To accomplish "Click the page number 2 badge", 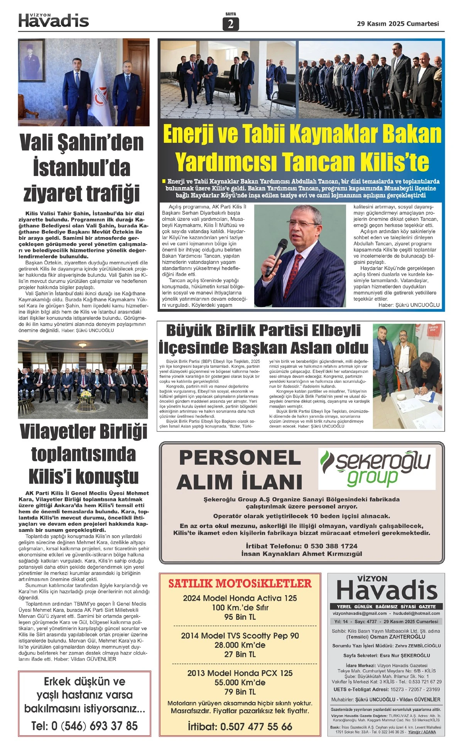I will (x=231, y=24).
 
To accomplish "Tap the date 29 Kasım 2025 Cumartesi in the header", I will (x=398, y=24).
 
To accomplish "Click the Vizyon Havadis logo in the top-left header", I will (x=54, y=20).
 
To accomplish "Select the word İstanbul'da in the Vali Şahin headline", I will (x=82, y=168).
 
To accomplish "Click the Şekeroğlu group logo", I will (x=377, y=468).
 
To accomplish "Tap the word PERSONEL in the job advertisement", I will (x=240, y=458).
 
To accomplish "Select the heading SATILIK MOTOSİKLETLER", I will (x=240, y=583).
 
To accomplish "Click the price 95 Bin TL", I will (x=240, y=617).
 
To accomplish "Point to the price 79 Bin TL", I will (x=240, y=691).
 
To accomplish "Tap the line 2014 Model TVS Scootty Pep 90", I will (x=240, y=635).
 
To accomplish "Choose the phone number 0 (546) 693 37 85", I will (x=94, y=726).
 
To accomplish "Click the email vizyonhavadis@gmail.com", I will (x=360, y=613).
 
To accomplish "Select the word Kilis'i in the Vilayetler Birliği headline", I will (x=52, y=476).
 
